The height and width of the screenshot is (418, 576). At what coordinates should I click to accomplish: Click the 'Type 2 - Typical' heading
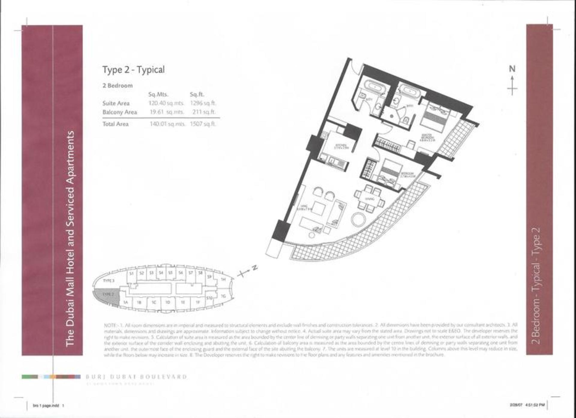pos(133,70)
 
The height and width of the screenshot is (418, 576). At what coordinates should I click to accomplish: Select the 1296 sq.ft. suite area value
pos(203,103)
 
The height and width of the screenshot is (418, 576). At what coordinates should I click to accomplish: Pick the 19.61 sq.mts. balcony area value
pos(167,112)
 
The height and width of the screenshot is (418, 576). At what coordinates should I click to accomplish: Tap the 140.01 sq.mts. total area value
pos(167,124)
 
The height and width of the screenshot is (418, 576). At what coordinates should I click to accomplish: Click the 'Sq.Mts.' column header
pos(158,94)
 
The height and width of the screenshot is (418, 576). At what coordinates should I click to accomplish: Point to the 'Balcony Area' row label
pos(120,112)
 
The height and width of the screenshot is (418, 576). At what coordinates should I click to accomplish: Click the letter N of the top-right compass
pos(512,69)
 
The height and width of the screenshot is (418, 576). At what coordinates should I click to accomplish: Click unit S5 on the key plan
pos(170,273)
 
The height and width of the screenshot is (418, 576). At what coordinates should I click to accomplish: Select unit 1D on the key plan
pos(168,302)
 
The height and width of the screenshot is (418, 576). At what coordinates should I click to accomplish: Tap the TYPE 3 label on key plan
pos(109,281)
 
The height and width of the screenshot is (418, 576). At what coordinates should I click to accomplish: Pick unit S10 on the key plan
pos(209,298)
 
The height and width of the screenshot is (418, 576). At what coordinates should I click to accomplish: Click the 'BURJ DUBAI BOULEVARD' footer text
pos(136,377)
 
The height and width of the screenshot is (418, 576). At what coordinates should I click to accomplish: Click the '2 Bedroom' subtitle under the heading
pos(118,85)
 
